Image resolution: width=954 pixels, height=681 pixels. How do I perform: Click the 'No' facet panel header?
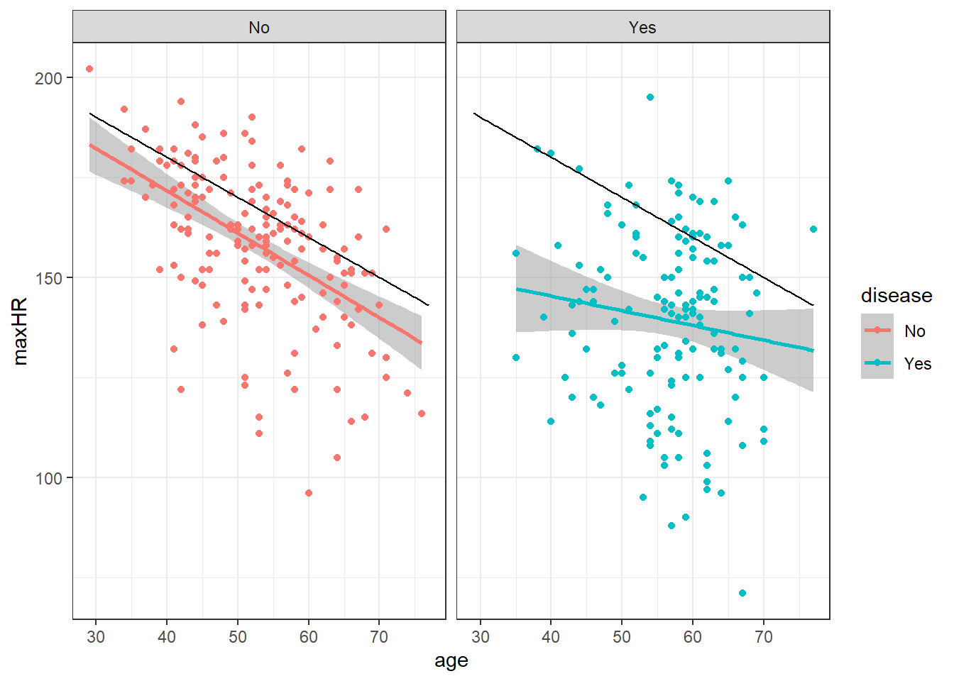(259, 27)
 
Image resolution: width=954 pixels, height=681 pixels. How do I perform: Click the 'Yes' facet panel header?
(642, 27)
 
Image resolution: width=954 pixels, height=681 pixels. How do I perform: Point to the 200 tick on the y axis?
(49, 78)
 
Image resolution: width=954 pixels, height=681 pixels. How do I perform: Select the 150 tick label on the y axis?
(49, 278)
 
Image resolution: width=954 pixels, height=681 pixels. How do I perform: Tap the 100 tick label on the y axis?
(49, 478)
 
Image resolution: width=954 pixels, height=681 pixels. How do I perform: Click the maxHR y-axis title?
(20, 331)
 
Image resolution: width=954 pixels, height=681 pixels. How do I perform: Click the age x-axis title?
(451, 661)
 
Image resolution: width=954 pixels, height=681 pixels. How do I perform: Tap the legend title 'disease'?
(897, 295)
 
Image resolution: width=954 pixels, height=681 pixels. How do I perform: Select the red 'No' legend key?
(877, 330)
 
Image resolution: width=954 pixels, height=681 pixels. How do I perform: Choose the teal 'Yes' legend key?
(877, 362)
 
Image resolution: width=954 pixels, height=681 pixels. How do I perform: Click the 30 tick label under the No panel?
(96, 637)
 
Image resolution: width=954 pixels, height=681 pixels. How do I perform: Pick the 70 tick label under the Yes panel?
(764, 637)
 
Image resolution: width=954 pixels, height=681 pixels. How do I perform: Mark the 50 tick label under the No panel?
(238, 637)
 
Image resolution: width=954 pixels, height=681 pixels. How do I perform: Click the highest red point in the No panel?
(89, 69)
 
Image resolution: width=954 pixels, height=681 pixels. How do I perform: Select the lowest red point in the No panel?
(309, 493)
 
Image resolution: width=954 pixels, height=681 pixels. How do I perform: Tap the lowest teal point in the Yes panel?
(742, 593)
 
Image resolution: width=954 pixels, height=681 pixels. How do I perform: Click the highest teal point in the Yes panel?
(650, 97)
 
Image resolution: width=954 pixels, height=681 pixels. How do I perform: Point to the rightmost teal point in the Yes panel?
(813, 229)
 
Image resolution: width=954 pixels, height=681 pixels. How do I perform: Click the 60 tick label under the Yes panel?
(693, 637)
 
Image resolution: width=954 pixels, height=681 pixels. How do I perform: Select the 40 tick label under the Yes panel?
(551, 637)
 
